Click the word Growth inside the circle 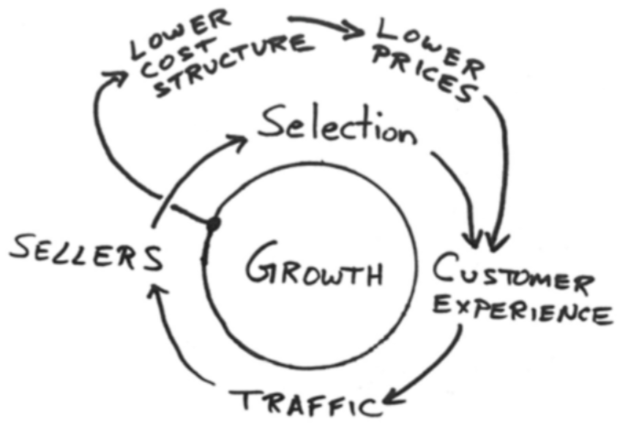click(314, 264)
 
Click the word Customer click(513, 274)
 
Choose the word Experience click(523, 310)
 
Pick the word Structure click(234, 66)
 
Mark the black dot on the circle click(213, 224)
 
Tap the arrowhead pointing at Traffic click(392, 397)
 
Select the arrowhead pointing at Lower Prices click(354, 31)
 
